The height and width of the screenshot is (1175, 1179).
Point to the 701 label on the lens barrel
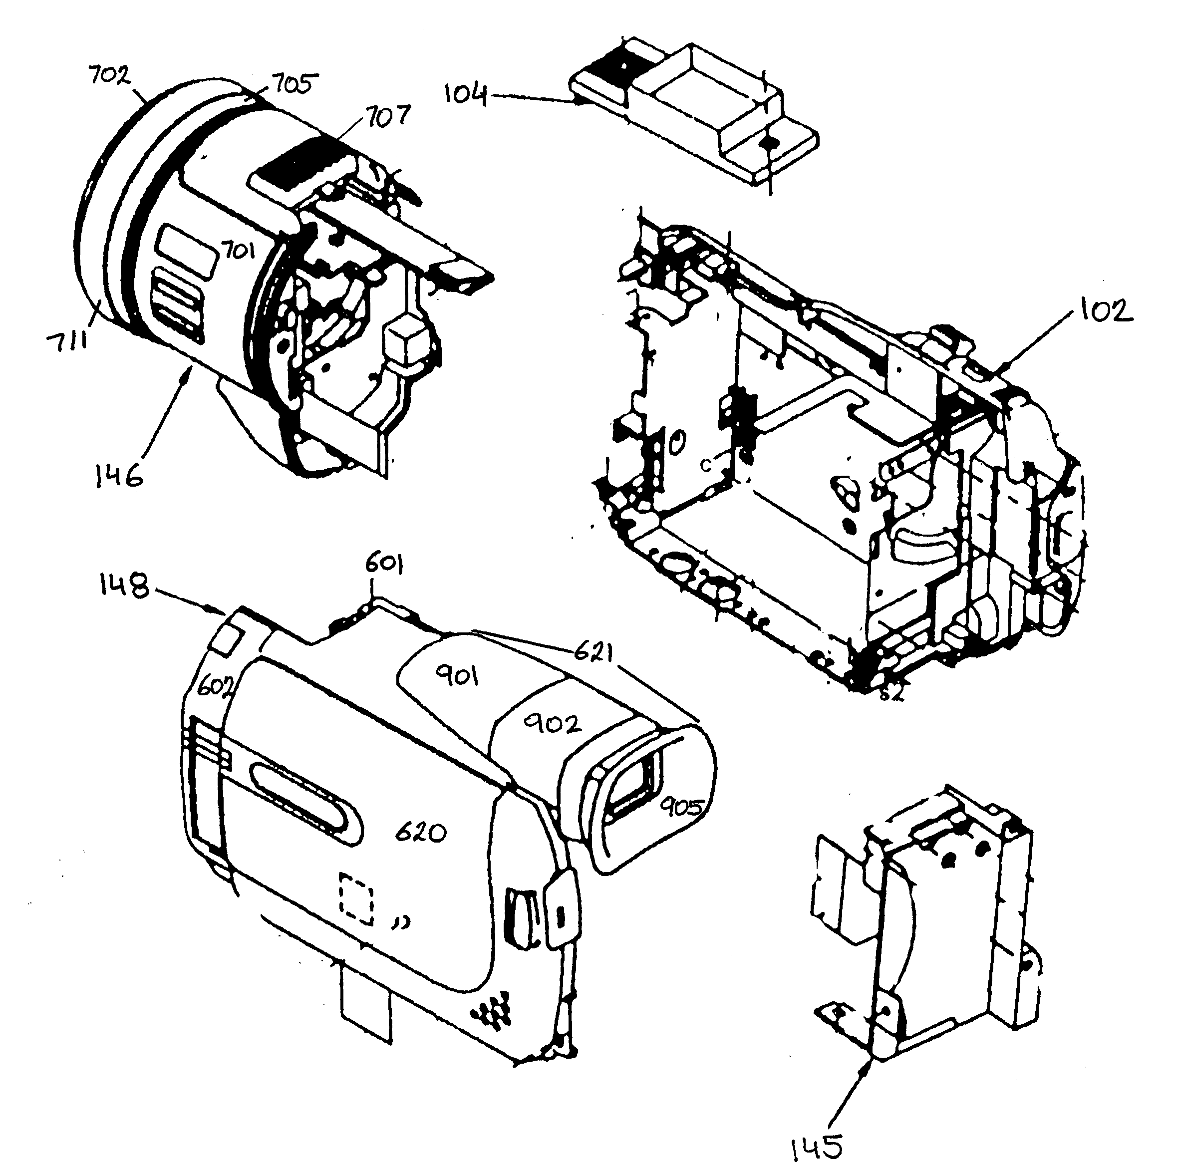click(238, 250)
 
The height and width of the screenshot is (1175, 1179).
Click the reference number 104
click(465, 95)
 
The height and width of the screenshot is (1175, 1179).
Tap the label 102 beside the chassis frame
click(1106, 311)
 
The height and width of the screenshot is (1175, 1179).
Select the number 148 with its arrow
click(124, 587)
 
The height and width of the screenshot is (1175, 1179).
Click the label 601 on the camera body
click(384, 565)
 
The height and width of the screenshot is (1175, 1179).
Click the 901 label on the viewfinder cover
click(457, 676)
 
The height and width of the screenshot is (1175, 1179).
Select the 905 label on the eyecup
click(682, 808)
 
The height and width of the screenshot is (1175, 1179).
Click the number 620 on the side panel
click(421, 832)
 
